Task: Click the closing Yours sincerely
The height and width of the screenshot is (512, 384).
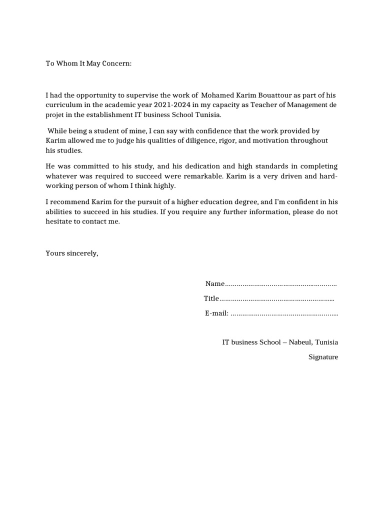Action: click(x=72, y=253)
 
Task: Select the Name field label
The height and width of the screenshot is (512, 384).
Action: click(x=215, y=284)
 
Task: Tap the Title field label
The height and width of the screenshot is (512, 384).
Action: click(x=211, y=298)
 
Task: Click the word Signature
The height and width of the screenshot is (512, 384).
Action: click(x=323, y=357)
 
